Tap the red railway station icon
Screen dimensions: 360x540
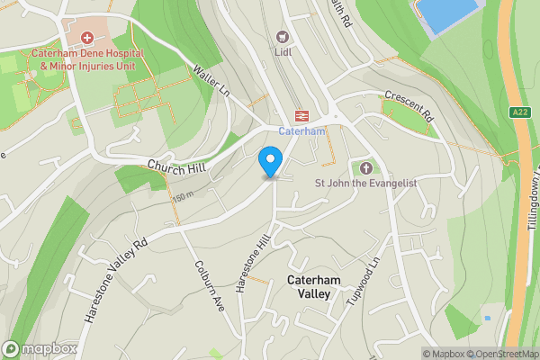tap(300, 116)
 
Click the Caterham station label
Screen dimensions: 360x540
tap(301, 131)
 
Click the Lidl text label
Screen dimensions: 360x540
tap(284, 52)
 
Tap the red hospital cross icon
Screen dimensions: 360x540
tap(86, 38)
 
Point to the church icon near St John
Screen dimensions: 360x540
tap(366, 167)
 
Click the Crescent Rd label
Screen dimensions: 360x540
tap(409, 106)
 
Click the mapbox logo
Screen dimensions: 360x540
tap(39, 348)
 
